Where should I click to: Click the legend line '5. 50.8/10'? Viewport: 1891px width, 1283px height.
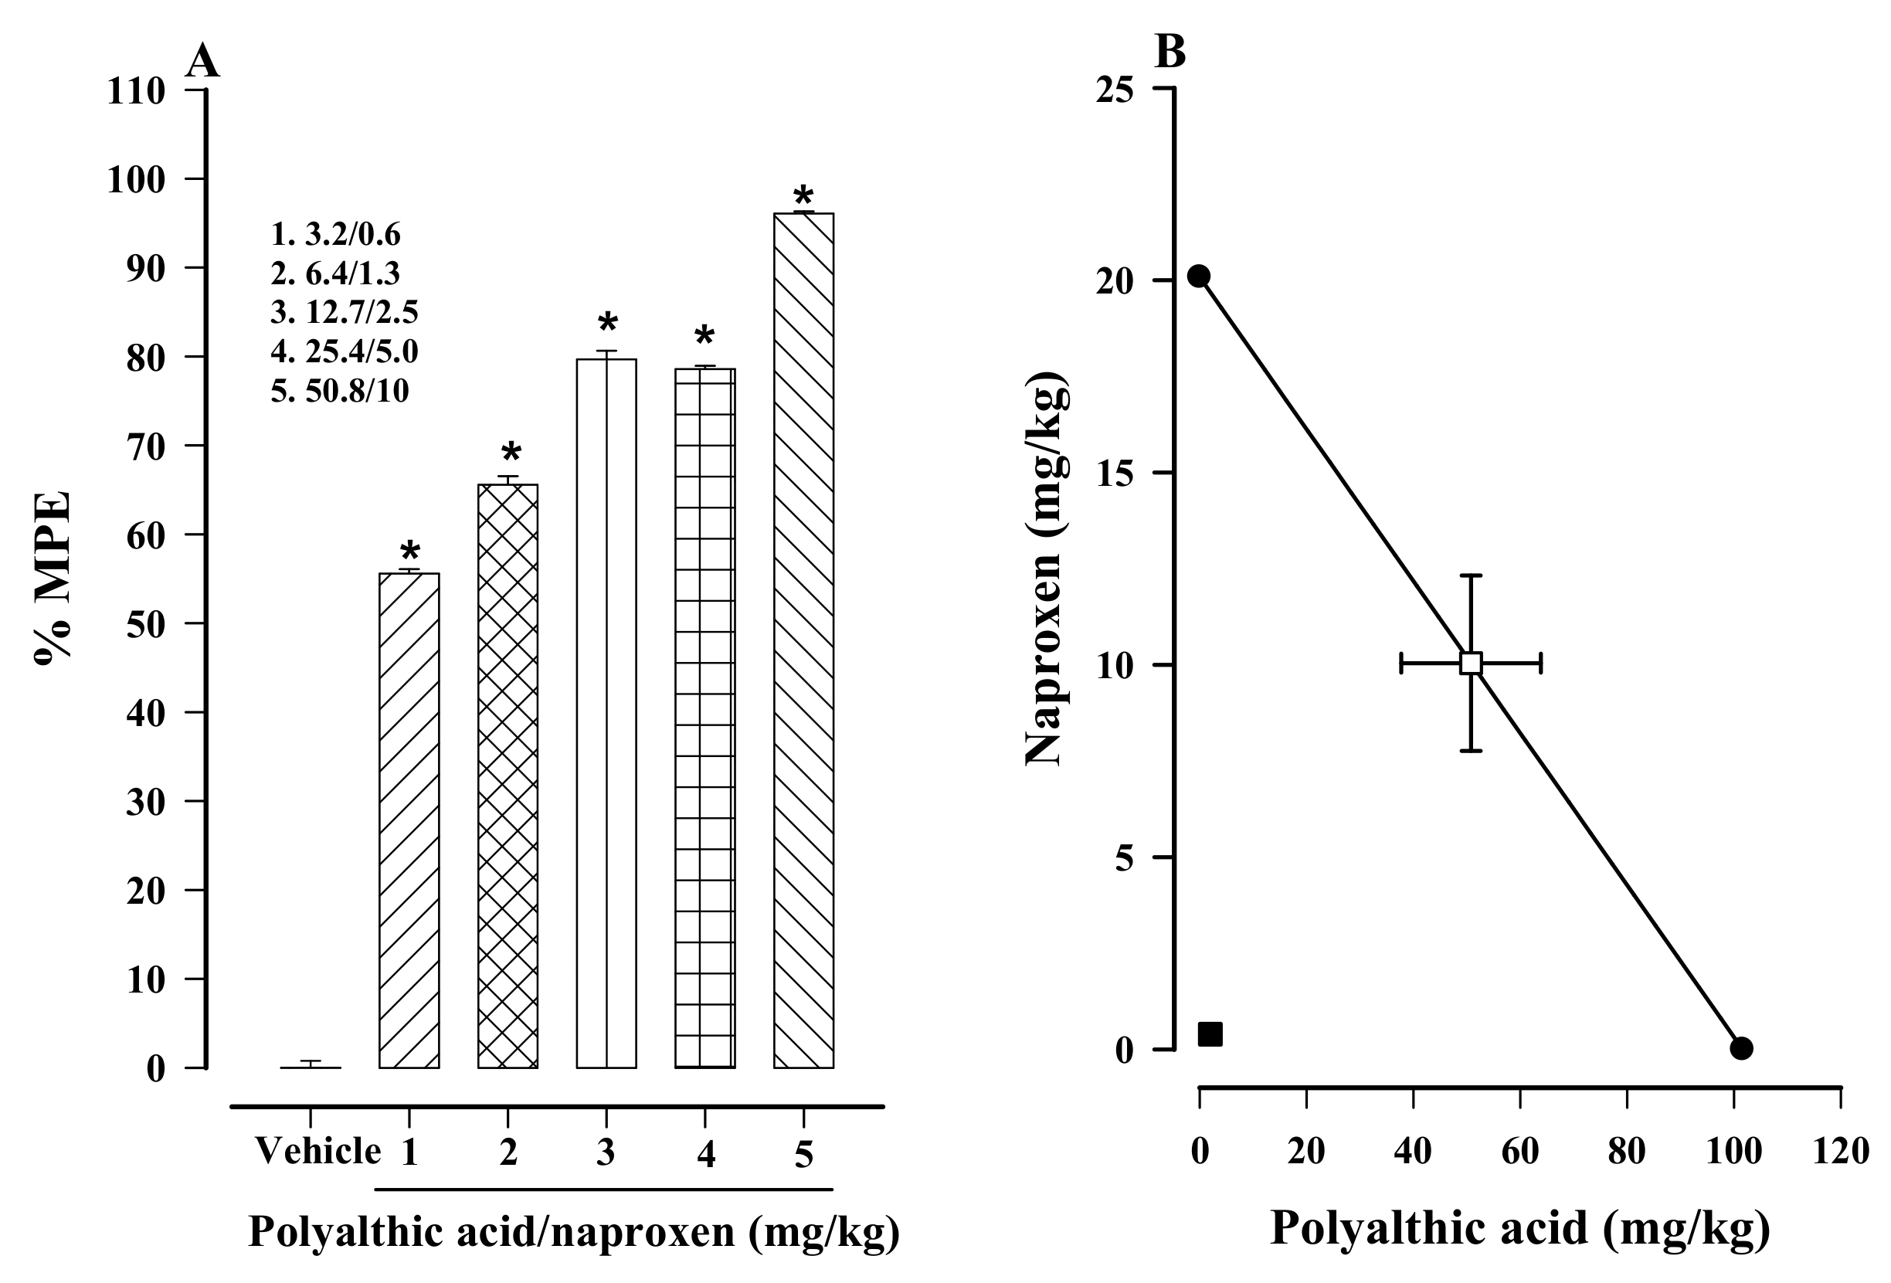click(x=340, y=392)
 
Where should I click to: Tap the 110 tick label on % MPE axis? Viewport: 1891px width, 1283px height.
click(x=136, y=91)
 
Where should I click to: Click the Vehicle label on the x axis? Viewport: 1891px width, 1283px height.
click(x=318, y=1151)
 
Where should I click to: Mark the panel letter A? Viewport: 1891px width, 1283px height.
click(x=202, y=62)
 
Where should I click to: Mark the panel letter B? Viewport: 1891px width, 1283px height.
click(x=1170, y=53)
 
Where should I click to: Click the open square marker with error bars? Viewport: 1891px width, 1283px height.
click(x=1470, y=664)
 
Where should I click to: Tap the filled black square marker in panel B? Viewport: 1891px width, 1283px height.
click(x=1210, y=1034)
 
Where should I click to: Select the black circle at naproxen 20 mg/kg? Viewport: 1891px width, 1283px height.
click(x=1199, y=277)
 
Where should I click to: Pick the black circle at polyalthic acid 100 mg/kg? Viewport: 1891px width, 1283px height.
click(x=1740, y=1048)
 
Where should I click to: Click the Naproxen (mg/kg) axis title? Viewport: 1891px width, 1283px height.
click(x=1045, y=569)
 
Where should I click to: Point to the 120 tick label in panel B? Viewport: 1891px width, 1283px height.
click(x=1841, y=1151)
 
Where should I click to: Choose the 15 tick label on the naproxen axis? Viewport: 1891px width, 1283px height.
click(x=1114, y=473)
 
